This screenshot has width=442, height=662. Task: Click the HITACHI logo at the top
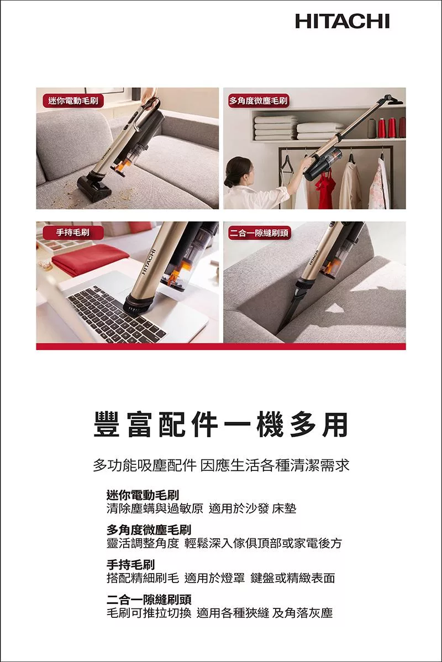[343, 20]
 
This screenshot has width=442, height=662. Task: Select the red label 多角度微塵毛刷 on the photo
[259, 100]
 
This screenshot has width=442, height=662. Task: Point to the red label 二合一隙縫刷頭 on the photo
[259, 232]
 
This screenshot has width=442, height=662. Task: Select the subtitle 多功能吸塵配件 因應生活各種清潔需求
[221, 465]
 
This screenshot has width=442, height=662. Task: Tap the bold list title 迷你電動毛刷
[143, 494]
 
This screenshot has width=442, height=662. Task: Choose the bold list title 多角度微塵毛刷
[149, 529]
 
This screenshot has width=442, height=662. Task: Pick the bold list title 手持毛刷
[130, 564]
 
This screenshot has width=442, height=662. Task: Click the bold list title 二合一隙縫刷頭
[149, 599]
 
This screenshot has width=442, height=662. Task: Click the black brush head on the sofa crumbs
[94, 186]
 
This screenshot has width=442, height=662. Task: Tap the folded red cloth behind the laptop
[87, 258]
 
